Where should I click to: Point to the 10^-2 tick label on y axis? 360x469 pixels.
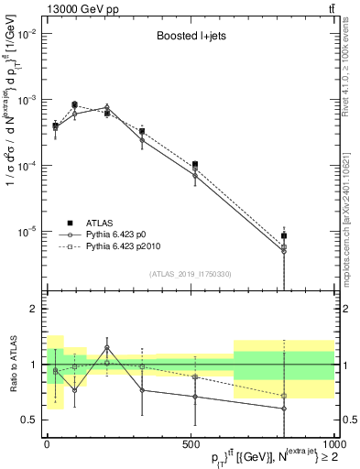(x=25, y=34)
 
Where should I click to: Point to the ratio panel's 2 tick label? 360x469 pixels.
(x=32, y=309)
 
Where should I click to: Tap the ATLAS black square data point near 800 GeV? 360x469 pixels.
(x=284, y=236)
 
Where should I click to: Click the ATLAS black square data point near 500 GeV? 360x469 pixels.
(x=196, y=165)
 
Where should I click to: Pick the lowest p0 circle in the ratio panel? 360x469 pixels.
(x=284, y=409)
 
